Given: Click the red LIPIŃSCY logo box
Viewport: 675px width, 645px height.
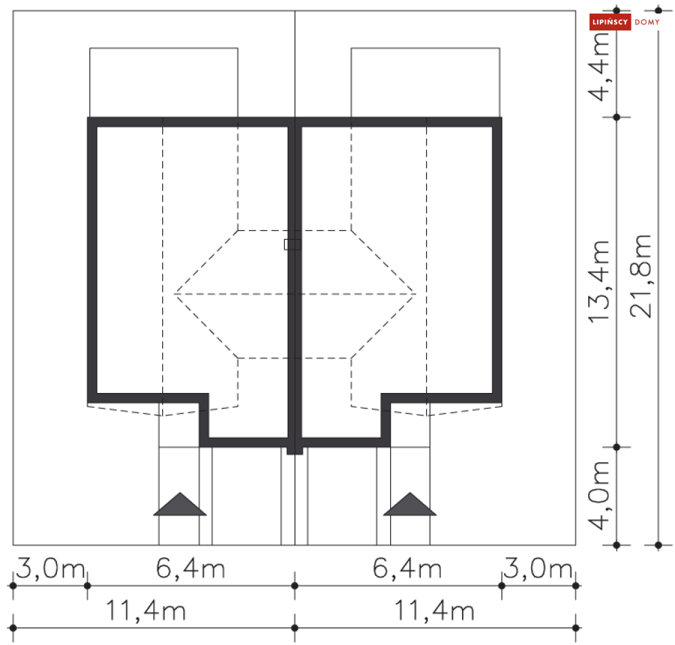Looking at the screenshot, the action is click(610, 22).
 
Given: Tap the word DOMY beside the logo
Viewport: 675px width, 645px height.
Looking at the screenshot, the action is click(647, 22).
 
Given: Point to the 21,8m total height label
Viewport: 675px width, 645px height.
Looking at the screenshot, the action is click(641, 276).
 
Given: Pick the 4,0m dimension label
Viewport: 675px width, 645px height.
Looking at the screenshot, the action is click(599, 495).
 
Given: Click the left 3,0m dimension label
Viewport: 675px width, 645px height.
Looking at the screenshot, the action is click(50, 568).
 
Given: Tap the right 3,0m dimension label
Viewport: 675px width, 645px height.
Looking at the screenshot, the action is click(538, 568).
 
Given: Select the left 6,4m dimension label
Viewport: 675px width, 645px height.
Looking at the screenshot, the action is click(191, 568).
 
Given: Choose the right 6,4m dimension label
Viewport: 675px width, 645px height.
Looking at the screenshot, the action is click(407, 568).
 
